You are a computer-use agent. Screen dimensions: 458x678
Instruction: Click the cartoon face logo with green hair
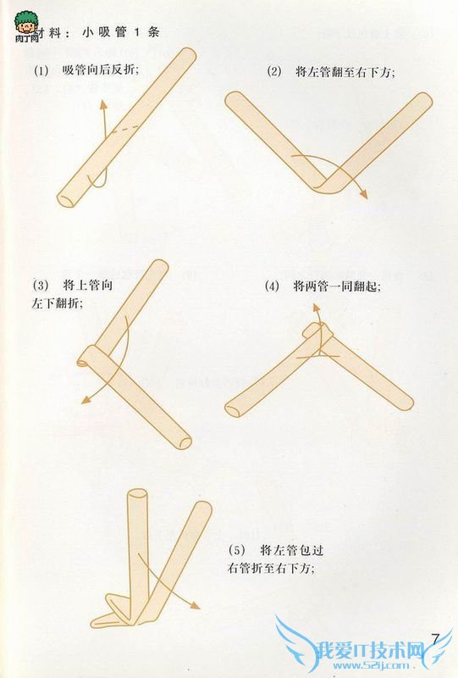[x=26, y=26]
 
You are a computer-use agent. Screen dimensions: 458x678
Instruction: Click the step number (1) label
[x=41, y=70]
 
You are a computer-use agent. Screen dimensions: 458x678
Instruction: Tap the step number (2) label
[x=274, y=71]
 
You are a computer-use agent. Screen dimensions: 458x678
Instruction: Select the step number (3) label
[x=40, y=286]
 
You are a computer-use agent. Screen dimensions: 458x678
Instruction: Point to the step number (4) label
[x=272, y=286]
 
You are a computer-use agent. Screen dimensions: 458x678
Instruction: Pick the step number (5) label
[x=236, y=550]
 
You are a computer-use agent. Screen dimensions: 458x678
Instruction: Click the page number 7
[x=435, y=639]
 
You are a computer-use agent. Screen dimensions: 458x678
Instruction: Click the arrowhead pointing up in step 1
[x=102, y=103]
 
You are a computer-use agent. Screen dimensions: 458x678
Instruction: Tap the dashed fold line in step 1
[x=126, y=129]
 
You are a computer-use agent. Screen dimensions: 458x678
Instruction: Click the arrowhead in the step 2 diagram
[x=363, y=194]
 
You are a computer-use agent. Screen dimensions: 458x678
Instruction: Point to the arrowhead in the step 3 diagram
[x=86, y=400]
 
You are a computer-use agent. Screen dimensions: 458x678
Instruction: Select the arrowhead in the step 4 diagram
[x=316, y=308]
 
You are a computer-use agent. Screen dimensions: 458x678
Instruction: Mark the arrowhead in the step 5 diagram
[x=195, y=606]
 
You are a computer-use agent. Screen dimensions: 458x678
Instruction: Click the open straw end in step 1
[x=65, y=201]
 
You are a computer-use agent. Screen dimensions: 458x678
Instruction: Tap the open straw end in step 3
[x=185, y=442]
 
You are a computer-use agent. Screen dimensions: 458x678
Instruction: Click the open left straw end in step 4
[x=232, y=409]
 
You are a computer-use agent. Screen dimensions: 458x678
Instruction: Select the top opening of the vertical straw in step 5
[x=137, y=494]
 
